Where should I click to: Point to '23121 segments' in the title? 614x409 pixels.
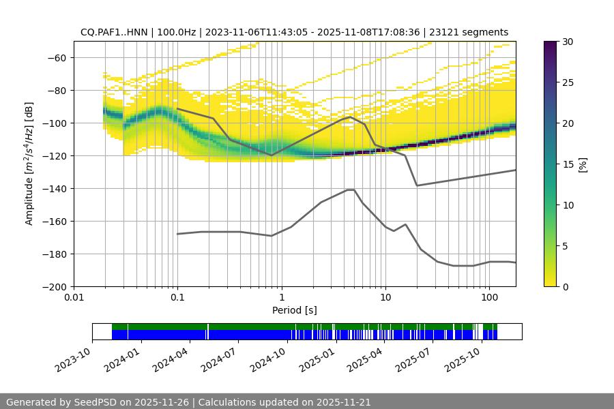pos(473,32)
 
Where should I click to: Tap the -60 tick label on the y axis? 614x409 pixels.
pos(55,58)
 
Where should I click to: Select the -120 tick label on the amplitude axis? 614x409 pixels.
pos(53,156)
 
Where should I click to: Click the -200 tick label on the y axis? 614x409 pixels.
pos(53,287)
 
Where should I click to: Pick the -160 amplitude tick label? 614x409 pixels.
pos(53,222)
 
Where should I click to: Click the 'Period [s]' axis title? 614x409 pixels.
pos(295,311)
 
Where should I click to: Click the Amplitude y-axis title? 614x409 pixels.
pos(29,164)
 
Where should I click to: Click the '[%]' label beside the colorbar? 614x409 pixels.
pos(583,164)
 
